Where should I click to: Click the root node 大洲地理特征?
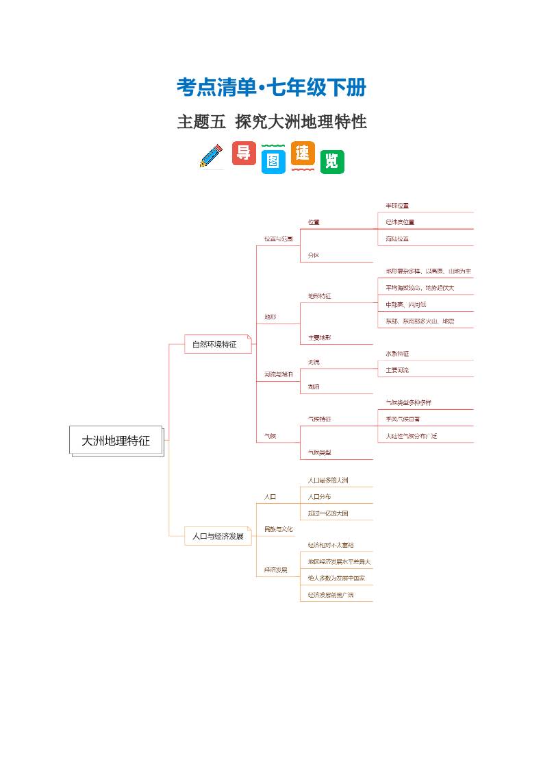click(116, 441)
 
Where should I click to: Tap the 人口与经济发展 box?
click(218, 536)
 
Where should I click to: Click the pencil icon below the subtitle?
click(212, 156)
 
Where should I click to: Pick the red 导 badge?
click(244, 153)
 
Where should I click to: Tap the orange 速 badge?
click(303, 154)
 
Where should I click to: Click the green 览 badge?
click(332, 162)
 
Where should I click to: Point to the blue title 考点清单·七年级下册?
click(271, 88)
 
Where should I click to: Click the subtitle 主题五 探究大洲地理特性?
click(271, 122)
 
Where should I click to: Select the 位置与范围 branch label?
click(278, 239)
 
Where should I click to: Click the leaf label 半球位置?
click(397, 206)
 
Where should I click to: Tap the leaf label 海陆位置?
click(397, 239)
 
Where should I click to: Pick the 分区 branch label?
click(314, 255)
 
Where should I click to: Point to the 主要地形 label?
click(320, 338)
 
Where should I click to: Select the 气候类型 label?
click(320, 452)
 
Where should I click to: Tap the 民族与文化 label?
click(278, 529)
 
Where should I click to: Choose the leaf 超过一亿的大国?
click(328, 513)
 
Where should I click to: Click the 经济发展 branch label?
click(276, 570)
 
